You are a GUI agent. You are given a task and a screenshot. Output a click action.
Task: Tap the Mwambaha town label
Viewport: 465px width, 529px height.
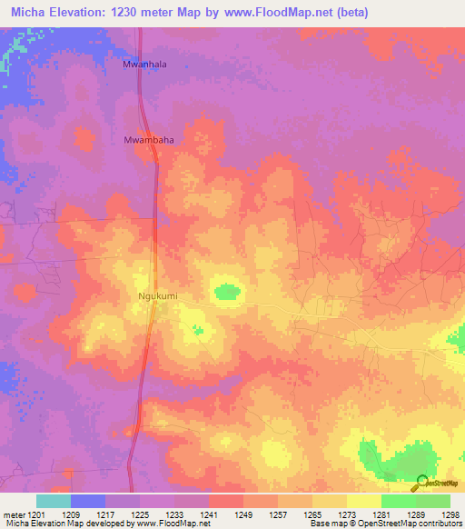[148, 141]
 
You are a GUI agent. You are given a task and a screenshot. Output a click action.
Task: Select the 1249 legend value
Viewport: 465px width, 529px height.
[242, 514]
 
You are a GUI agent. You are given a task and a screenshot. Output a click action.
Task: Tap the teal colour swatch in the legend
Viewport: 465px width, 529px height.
[53, 501]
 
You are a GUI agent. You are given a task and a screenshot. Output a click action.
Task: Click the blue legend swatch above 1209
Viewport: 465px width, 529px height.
[87, 501]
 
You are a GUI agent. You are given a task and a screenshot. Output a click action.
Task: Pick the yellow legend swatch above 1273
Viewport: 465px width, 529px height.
[329, 501]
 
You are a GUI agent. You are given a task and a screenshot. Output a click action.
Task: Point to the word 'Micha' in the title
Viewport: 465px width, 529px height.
[29, 12]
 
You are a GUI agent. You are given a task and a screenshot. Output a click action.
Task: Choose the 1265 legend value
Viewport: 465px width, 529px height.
[311, 514]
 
